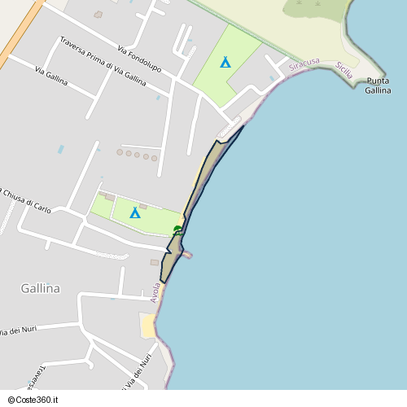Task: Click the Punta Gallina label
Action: [x=378, y=85]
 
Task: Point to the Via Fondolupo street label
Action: [x=138, y=59]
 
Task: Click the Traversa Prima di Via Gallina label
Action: [x=103, y=61]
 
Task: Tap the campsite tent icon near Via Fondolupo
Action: [x=225, y=62]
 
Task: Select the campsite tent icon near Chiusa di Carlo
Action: [x=135, y=213]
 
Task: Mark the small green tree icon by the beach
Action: [x=177, y=230]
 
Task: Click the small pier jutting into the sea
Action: [x=187, y=255]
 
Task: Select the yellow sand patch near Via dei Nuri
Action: [x=148, y=326]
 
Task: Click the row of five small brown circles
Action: [x=138, y=154]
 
